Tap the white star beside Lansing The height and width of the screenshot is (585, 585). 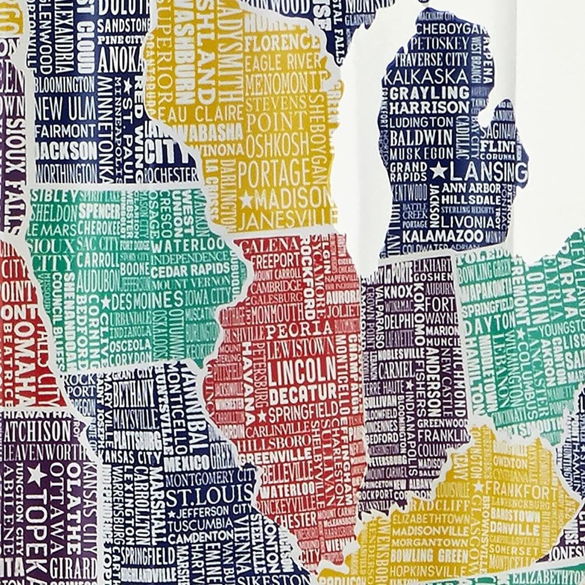438,171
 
